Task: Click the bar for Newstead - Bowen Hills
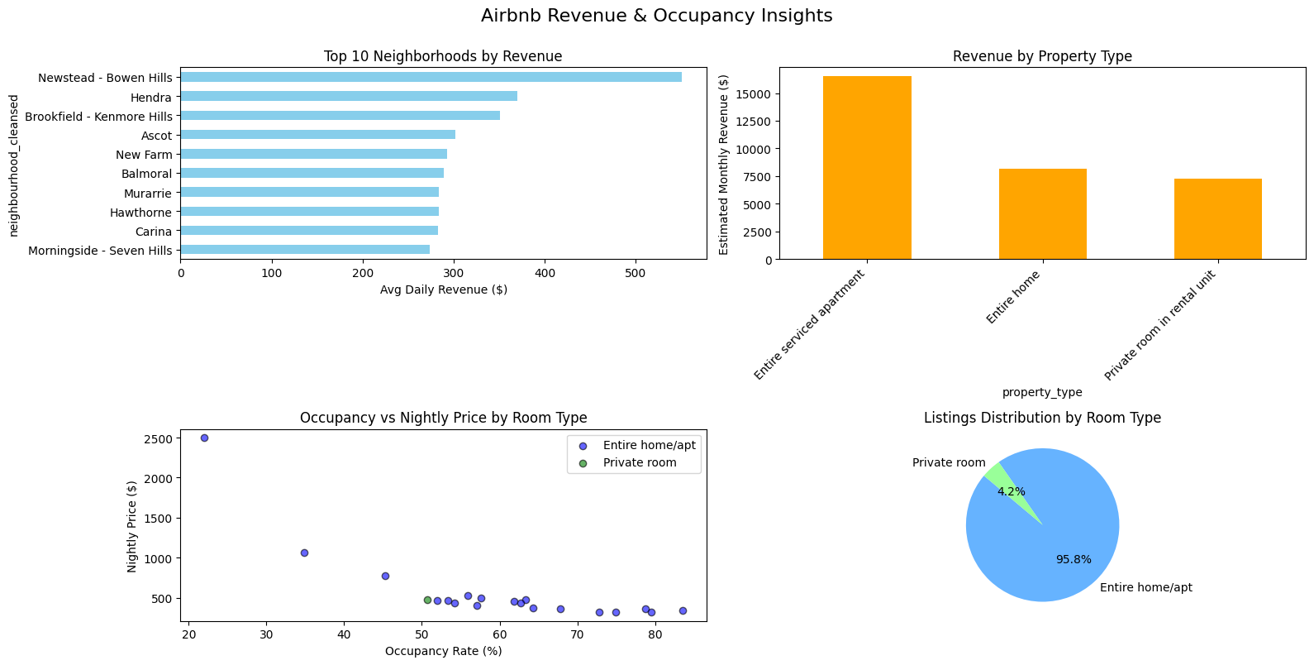430,77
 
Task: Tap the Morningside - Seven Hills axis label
100,251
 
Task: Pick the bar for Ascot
317,135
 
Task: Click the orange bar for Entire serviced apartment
867,168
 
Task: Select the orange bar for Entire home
1042,214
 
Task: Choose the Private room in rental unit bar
1217,219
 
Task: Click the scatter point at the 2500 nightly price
204,438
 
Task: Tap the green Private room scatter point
427,600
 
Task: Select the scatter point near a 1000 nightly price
304,553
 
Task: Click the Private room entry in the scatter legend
639,463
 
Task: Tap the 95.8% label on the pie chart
1074,559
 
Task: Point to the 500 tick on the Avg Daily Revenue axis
636,272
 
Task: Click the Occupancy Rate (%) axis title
443,651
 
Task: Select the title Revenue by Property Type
1041,56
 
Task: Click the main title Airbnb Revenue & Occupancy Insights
656,16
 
